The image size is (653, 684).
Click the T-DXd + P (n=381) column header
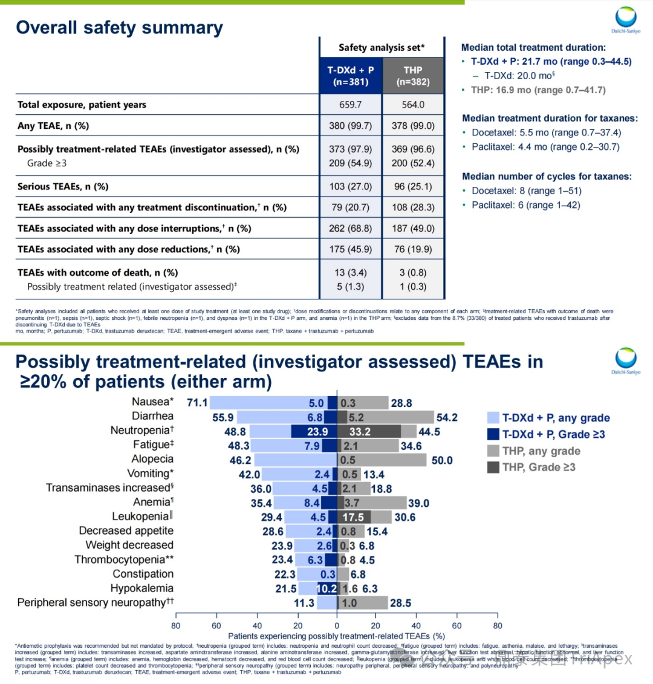pyautogui.click(x=351, y=76)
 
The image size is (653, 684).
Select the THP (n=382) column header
pyautogui.click(x=413, y=76)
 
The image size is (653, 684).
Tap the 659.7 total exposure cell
pyautogui.click(x=351, y=105)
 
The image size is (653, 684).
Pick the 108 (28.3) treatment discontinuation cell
pyautogui.click(x=414, y=207)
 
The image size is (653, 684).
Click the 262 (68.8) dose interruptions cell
pyautogui.click(x=351, y=228)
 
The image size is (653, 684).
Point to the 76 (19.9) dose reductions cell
pyautogui.click(x=414, y=249)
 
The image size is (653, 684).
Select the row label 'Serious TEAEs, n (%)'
pyautogui.click(x=63, y=186)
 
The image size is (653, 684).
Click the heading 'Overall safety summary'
pyautogui.click(x=119, y=28)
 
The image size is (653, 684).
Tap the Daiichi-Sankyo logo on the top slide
pyautogui.click(x=625, y=20)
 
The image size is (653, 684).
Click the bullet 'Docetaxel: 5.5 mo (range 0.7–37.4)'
pyautogui.click(x=545, y=132)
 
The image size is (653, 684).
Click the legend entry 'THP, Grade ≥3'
pyautogui.click(x=538, y=467)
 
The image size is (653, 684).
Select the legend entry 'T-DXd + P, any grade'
pyautogui.click(x=556, y=418)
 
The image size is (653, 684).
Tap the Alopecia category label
pyautogui.click(x=152, y=459)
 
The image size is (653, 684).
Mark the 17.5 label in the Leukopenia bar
pyautogui.click(x=353, y=517)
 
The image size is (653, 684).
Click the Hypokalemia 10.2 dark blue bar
pyautogui.click(x=327, y=588)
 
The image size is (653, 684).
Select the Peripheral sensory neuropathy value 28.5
pyautogui.click(x=400, y=603)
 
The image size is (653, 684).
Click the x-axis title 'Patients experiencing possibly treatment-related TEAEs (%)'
pyautogui.click(x=336, y=636)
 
